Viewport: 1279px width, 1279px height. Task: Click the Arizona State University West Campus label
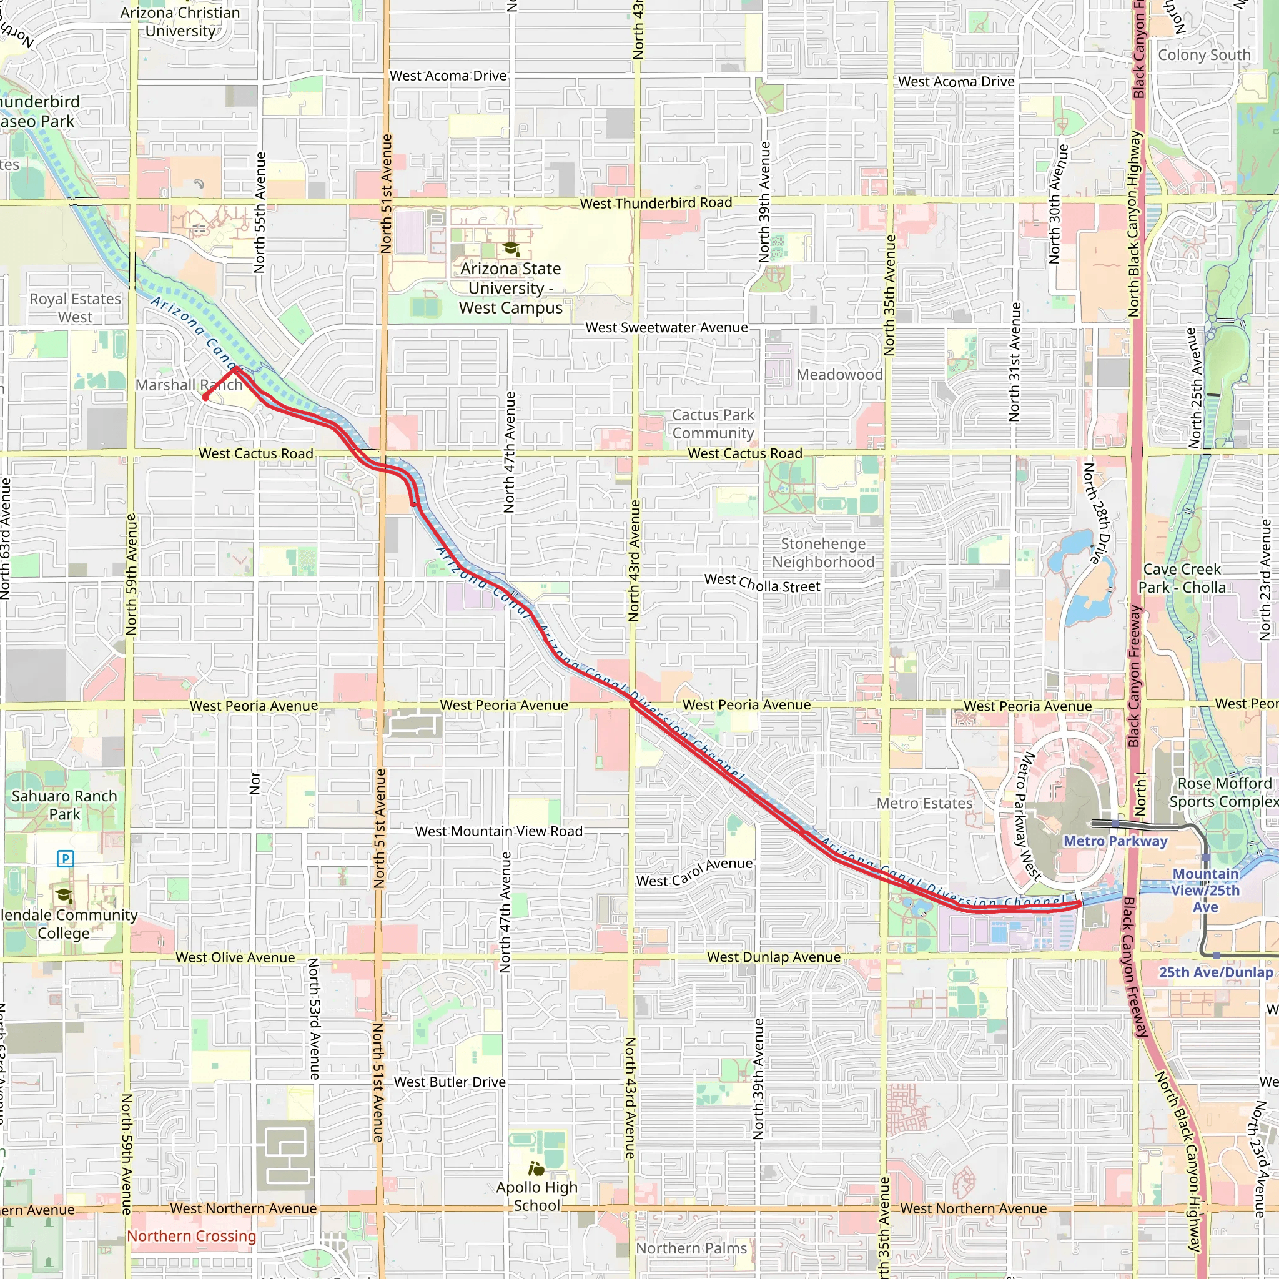point(510,288)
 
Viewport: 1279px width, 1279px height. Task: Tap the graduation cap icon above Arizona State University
point(510,249)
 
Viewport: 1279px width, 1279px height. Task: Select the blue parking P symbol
point(65,859)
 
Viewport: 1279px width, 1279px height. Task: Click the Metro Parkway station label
point(1115,841)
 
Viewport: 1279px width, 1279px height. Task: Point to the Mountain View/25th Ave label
point(1205,890)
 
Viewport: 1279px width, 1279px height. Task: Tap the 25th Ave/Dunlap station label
point(1215,972)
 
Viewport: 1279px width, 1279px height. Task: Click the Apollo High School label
point(537,1196)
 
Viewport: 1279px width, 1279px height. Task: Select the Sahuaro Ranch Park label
point(64,805)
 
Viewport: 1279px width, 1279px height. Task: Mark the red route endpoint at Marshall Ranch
point(206,397)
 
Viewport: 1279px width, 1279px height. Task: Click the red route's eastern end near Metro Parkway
point(1079,903)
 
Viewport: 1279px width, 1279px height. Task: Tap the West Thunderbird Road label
point(656,203)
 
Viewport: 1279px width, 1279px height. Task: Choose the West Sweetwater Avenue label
point(666,328)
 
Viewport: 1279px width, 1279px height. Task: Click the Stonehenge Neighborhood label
point(823,553)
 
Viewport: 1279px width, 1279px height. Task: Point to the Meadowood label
point(839,375)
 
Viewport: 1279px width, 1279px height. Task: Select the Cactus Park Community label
point(713,423)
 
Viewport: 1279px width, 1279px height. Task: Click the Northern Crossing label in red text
point(191,1235)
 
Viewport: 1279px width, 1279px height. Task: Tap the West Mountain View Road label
point(498,831)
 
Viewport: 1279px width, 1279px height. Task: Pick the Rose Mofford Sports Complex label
point(1223,793)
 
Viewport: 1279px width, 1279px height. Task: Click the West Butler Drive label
point(450,1082)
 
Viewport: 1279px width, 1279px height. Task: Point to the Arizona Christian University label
point(180,22)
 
